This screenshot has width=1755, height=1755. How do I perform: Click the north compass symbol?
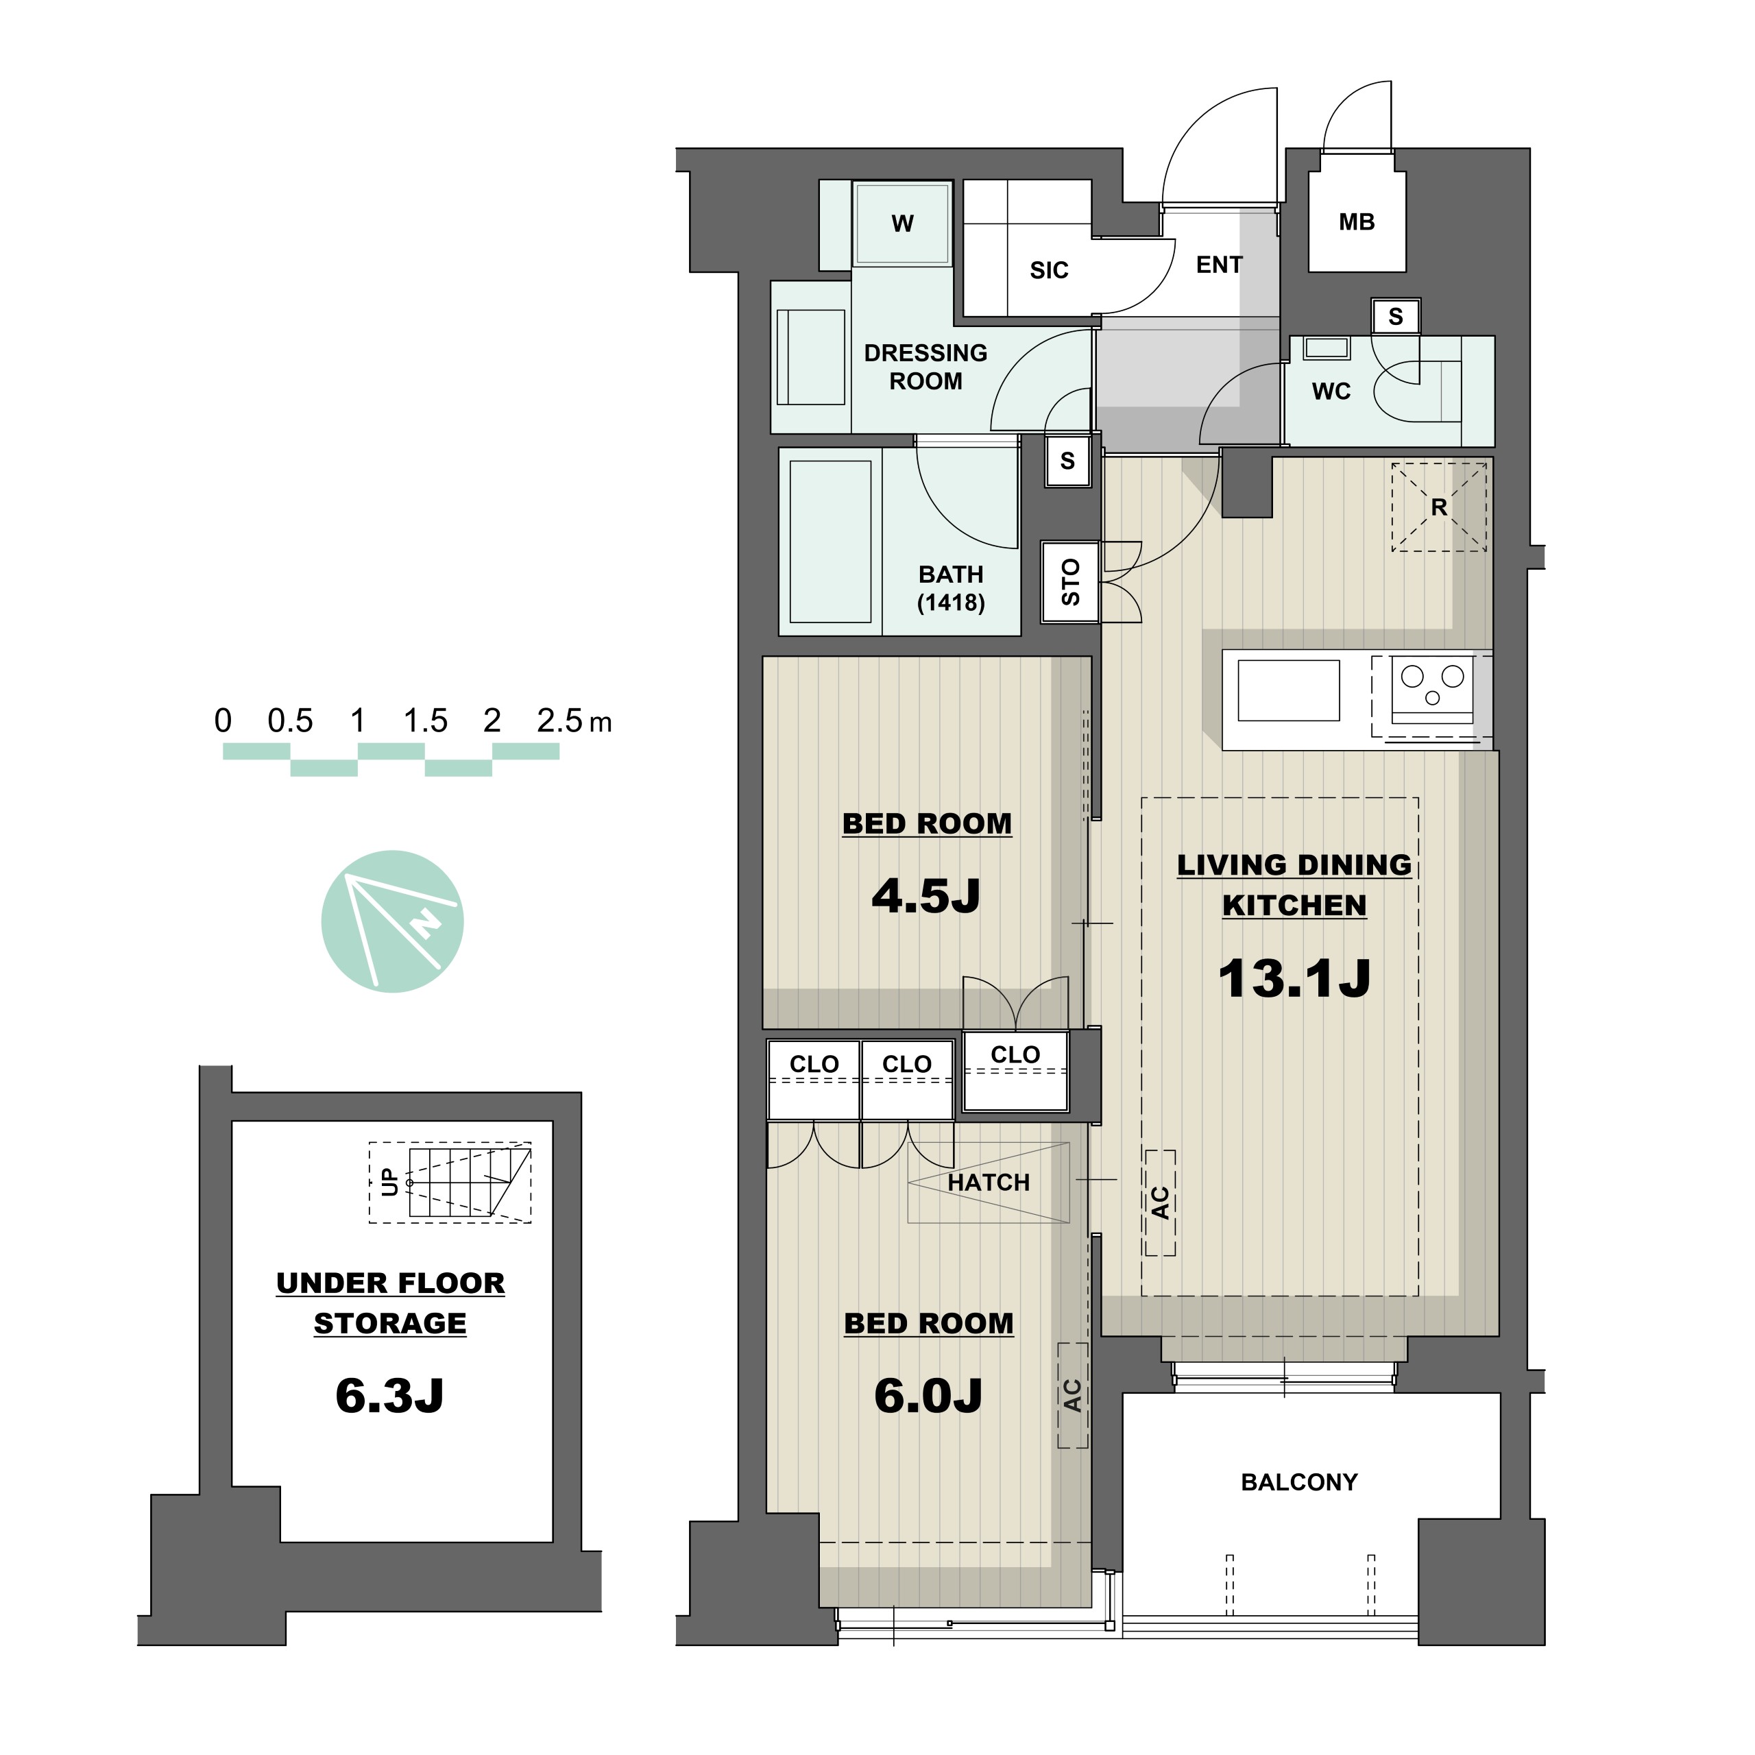click(392, 921)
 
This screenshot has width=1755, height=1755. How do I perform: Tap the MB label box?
click(1357, 221)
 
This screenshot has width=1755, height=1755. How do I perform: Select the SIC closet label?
click(1049, 270)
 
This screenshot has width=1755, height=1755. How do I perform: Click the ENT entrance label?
click(1219, 265)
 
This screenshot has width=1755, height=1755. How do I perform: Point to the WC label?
click(1332, 391)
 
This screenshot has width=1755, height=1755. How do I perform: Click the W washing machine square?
click(902, 223)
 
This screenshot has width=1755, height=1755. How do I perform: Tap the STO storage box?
click(1071, 582)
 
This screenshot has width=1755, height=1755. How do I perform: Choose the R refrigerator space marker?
click(1439, 507)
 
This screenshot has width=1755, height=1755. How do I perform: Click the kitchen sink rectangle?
click(1289, 690)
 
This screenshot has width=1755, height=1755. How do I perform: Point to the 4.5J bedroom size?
click(927, 896)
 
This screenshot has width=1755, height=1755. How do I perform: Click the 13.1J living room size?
click(1294, 978)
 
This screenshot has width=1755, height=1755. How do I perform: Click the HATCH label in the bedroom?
click(989, 1183)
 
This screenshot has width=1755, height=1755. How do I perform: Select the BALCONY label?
click(1299, 1482)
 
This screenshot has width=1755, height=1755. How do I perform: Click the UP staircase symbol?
click(450, 1183)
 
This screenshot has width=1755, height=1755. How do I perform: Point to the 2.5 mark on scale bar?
click(559, 721)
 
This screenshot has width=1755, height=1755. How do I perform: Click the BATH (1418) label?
click(951, 588)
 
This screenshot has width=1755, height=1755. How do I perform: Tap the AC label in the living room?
click(1160, 1202)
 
